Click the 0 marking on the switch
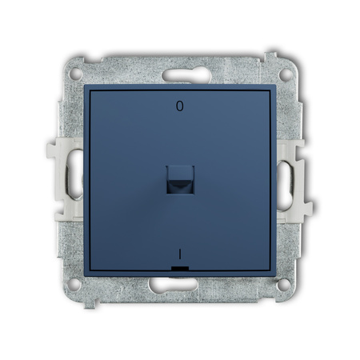point(180,106)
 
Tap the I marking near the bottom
point(180,254)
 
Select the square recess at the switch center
point(180,179)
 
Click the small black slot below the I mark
point(180,268)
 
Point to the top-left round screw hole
point(76,74)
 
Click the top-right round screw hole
point(285,74)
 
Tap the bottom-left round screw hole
point(74,285)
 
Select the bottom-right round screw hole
point(283,285)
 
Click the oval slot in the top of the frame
point(186,75)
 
